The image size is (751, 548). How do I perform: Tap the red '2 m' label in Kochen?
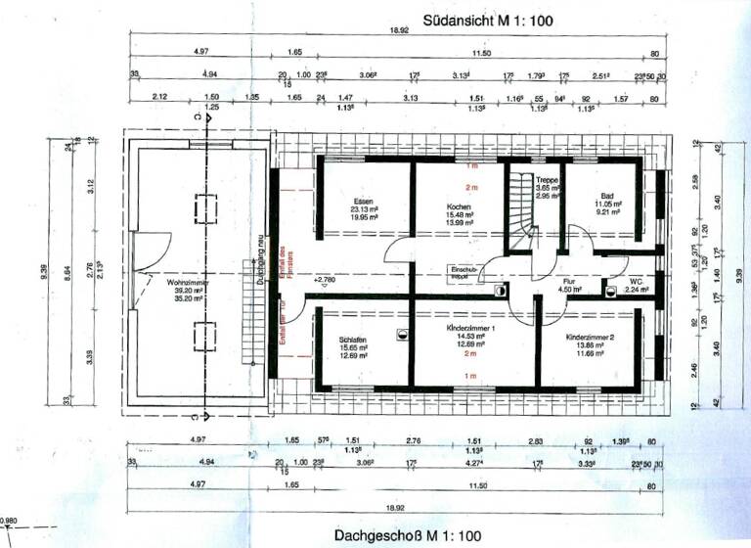tap(470, 187)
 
